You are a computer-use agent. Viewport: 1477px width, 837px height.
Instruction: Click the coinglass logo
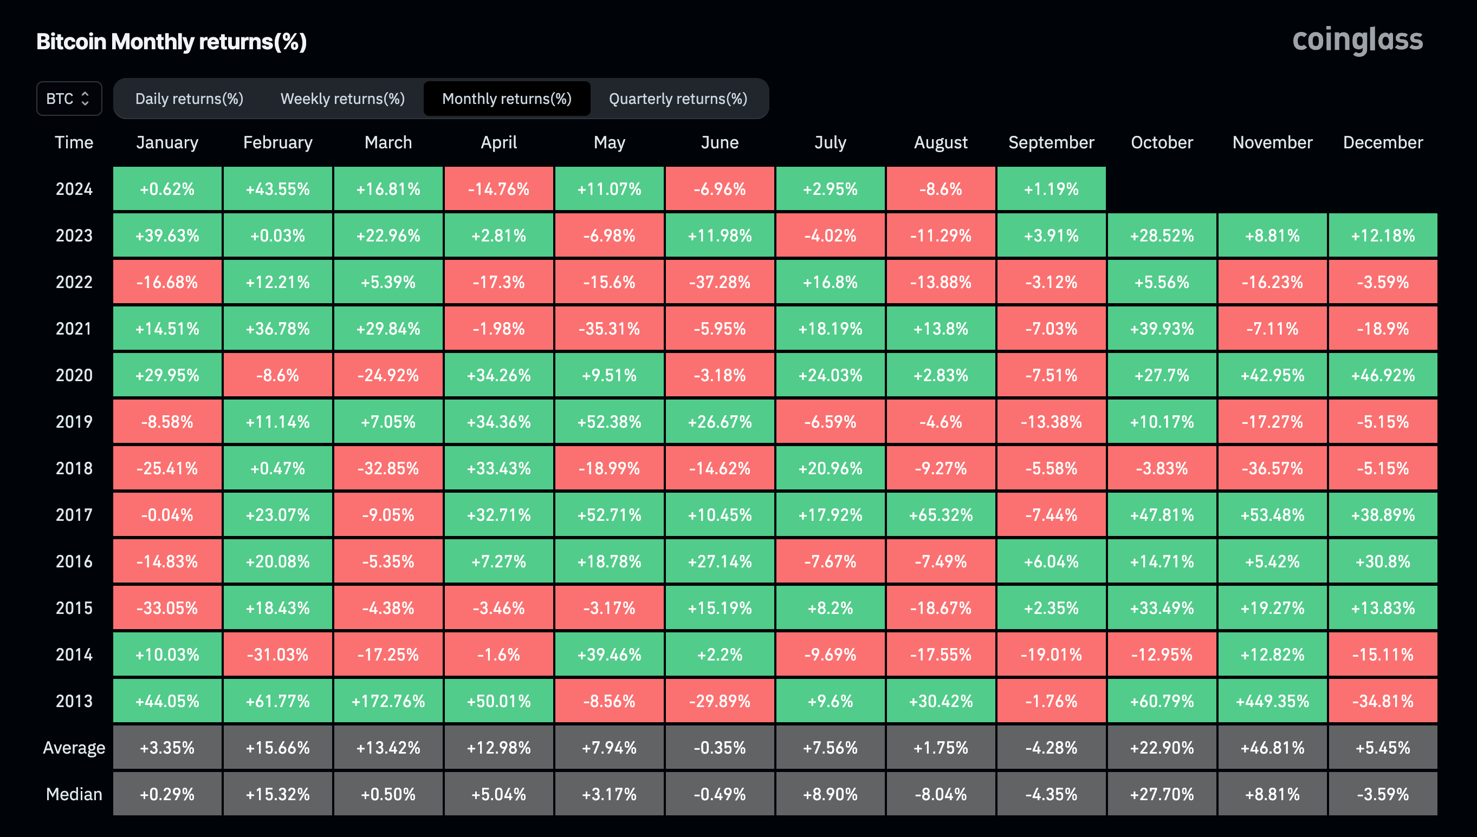pos(1357,40)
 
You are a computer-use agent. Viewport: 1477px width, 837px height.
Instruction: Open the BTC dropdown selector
pos(69,99)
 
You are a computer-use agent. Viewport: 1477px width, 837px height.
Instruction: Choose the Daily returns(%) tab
pos(189,99)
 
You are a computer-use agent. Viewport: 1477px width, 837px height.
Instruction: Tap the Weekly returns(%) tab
pos(342,99)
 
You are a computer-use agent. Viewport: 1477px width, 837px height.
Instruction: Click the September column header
pos(1051,142)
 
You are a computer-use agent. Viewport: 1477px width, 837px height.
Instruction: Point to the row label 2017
pos(74,514)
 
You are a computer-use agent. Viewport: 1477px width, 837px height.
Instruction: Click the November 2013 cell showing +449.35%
pos(1272,701)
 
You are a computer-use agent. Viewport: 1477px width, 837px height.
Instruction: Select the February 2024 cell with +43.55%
pos(278,188)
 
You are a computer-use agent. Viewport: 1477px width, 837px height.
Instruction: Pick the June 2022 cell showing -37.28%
pos(720,282)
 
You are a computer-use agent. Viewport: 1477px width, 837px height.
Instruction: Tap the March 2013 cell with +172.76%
pos(388,701)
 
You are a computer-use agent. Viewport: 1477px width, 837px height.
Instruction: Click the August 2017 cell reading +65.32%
pos(941,514)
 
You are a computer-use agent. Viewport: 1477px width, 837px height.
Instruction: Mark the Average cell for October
pos(1161,747)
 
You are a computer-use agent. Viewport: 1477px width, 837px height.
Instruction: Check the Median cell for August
pos(941,794)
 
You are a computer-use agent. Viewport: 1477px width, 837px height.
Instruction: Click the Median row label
pos(74,794)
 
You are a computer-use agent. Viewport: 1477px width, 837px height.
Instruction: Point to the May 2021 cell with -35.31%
pos(609,328)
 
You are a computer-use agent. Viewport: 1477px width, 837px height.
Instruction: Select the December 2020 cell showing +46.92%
pos(1382,375)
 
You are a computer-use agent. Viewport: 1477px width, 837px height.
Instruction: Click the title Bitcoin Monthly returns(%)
pos(171,41)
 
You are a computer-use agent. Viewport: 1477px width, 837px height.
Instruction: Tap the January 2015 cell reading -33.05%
pos(167,607)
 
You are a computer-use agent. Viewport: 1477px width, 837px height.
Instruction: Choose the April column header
pos(498,142)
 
